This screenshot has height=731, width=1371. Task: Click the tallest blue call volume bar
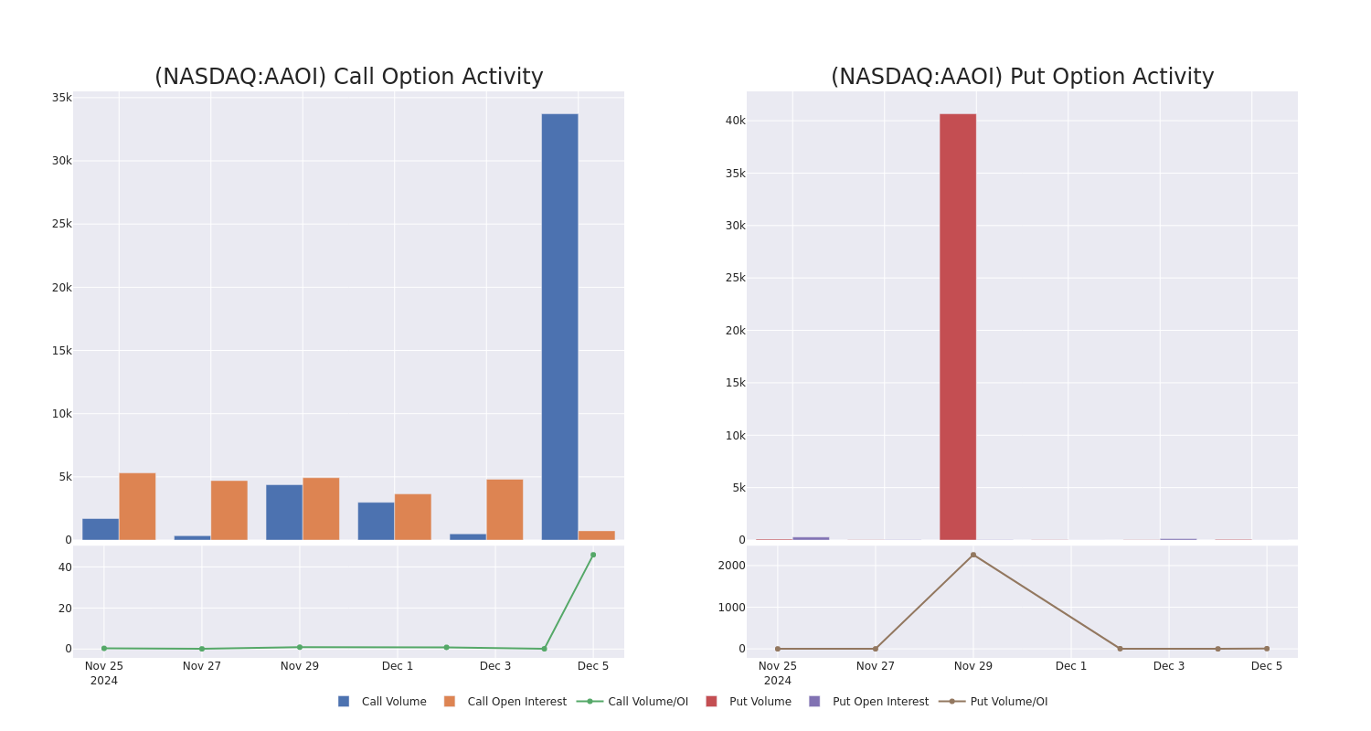pos(559,326)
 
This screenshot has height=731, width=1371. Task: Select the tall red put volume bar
pos(957,326)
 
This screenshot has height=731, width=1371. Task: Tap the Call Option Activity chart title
pos(348,77)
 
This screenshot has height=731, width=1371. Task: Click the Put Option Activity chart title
pos(1022,77)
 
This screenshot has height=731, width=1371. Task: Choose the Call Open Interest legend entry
pos(516,702)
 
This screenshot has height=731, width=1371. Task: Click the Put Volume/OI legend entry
pos(1008,702)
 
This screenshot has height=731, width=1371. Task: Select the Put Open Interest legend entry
pos(879,702)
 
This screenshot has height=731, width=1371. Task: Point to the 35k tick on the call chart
pos(61,98)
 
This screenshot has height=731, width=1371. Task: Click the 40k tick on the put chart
pos(735,121)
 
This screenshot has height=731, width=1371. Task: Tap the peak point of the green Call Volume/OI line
pos(592,555)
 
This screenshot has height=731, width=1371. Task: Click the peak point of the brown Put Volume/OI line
pos(972,555)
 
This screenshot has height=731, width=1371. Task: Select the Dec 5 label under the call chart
pos(592,666)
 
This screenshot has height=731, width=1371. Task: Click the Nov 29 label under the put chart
pos(972,666)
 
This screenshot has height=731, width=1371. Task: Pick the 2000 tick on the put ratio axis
pos(731,566)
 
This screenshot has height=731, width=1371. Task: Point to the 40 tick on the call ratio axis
pos(64,567)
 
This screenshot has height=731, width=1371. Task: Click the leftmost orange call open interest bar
pos(137,506)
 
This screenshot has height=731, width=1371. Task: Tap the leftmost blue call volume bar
pos(101,529)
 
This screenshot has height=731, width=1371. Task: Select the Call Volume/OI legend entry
pos(647,702)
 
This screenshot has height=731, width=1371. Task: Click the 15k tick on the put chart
pos(735,383)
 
